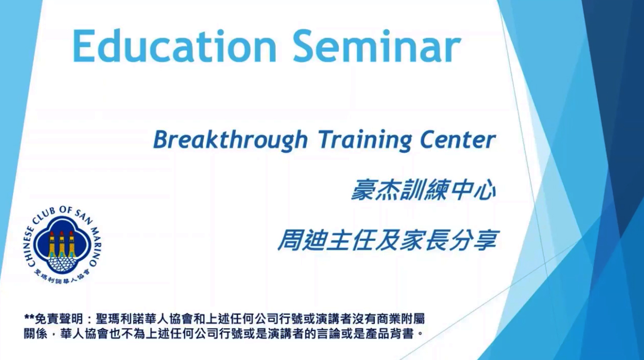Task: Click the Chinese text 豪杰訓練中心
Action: (x=424, y=190)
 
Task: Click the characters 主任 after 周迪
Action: (x=351, y=240)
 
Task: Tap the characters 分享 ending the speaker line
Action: (x=473, y=240)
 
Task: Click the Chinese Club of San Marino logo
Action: (x=61, y=245)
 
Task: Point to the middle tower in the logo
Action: (x=61, y=244)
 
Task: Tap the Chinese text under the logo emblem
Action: (x=62, y=277)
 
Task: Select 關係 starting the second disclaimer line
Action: (x=36, y=334)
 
